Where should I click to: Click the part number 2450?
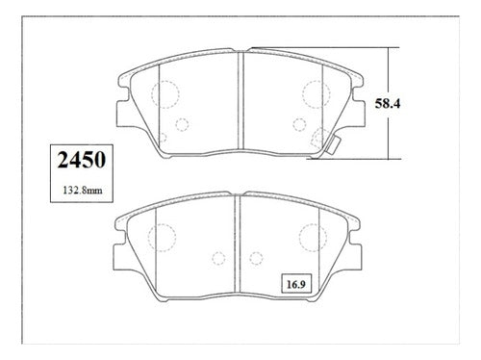(82, 160)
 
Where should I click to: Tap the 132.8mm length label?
(83, 191)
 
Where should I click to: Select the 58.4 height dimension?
(388, 104)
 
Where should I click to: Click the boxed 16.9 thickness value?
(295, 284)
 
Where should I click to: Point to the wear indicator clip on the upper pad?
(334, 145)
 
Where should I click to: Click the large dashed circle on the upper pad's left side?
(151, 94)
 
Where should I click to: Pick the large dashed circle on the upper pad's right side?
(302, 94)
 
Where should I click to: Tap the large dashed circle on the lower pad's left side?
(148, 238)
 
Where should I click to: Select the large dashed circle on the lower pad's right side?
(299, 238)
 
